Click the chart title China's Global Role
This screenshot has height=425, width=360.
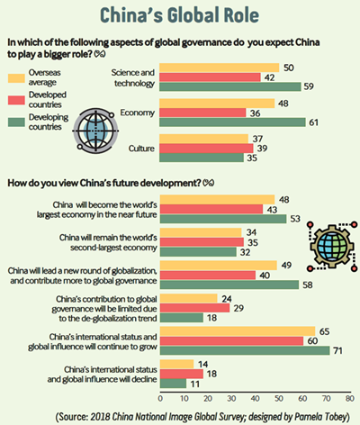179,15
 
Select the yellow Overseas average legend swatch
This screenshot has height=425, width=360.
16,77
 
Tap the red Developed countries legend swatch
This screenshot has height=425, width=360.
16,100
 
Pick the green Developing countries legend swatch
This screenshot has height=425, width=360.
16,122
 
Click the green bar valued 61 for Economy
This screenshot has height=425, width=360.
232,122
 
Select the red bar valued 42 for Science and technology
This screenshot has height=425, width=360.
210,77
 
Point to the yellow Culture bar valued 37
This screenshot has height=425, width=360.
204,139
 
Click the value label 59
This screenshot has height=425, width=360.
309,86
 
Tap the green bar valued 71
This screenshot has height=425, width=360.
245,350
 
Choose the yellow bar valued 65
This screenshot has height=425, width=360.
238,331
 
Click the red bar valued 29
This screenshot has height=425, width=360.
194,308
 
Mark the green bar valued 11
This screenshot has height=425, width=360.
173,384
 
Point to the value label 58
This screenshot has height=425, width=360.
308,285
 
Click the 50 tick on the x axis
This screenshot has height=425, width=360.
279,398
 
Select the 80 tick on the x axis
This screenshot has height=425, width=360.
350,398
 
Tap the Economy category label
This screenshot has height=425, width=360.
138,113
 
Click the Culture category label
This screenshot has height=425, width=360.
141,149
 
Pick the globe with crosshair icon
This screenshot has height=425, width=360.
95,131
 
